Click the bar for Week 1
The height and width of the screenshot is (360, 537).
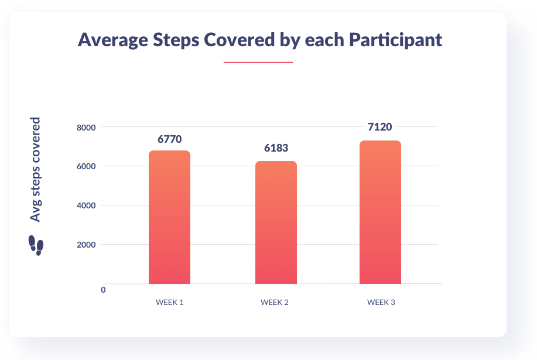point(169,217)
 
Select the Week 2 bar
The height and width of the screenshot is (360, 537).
point(276,222)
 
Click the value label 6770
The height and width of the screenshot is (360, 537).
point(169,139)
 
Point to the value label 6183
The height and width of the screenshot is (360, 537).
point(276,149)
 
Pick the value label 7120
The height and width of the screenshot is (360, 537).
point(380,126)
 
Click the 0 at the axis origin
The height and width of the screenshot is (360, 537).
point(103,290)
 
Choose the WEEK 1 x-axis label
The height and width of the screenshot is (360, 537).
point(169,303)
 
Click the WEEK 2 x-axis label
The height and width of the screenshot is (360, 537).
point(275,303)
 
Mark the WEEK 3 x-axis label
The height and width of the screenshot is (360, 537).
point(381,303)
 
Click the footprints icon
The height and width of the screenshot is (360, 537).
point(36,246)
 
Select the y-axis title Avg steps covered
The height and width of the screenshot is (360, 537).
point(36,169)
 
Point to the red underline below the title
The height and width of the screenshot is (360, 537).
point(258,62)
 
